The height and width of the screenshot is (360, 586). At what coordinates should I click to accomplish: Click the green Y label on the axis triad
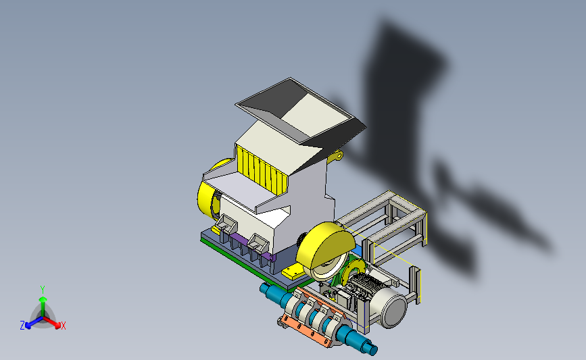coord(43,290)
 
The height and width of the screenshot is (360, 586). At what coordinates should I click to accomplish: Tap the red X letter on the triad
coord(63,326)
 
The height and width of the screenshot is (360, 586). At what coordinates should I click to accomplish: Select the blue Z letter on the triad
coord(22,326)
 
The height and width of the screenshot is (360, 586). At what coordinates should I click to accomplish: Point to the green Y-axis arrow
coord(43,307)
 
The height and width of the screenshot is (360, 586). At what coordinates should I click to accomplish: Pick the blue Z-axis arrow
coord(34,323)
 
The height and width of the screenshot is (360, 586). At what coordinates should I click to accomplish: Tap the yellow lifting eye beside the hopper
coord(336,156)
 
